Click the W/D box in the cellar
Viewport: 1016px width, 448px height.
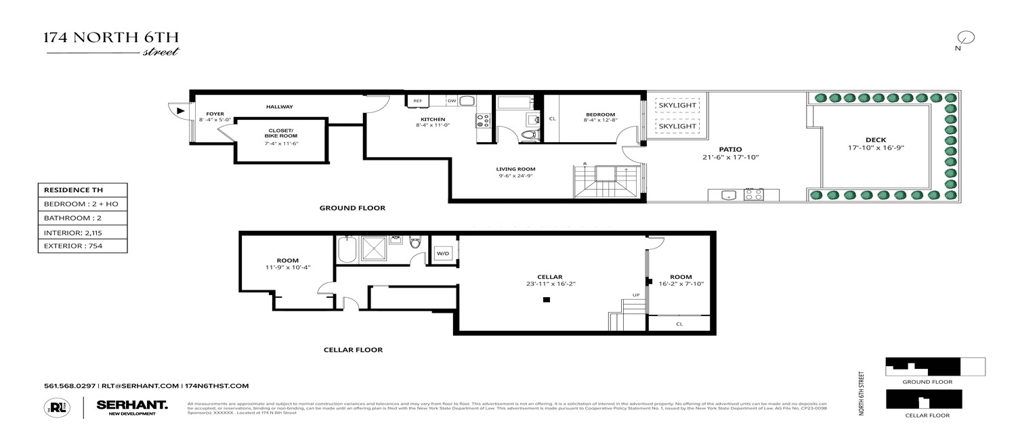(443, 253)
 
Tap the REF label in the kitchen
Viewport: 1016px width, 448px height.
(418, 101)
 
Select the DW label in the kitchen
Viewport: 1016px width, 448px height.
(451, 101)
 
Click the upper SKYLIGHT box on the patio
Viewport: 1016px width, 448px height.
(677, 106)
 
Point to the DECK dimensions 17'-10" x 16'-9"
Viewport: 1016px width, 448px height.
(875, 148)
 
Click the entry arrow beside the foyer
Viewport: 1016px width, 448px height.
(179, 110)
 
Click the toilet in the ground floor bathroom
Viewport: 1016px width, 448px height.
(530, 135)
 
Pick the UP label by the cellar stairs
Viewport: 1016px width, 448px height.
(635, 295)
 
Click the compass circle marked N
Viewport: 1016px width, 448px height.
(967, 38)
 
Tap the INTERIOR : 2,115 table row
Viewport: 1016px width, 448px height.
(82, 232)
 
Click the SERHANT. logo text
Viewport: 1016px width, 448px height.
(132, 404)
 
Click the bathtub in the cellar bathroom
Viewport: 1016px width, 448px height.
(346, 250)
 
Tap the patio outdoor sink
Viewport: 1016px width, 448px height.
(727, 195)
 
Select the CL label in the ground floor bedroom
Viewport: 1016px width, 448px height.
(552, 119)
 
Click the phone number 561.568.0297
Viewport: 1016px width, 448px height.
(70, 386)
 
